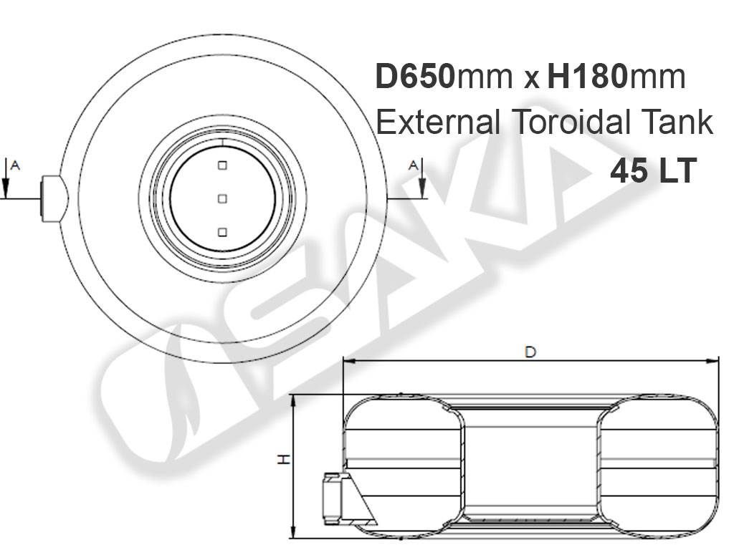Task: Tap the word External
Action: coord(438,122)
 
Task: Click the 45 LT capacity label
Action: coord(654,170)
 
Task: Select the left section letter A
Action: coord(15,165)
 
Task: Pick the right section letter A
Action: coord(413,165)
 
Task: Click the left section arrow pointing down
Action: coord(5,178)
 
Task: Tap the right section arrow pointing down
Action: coord(422,178)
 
